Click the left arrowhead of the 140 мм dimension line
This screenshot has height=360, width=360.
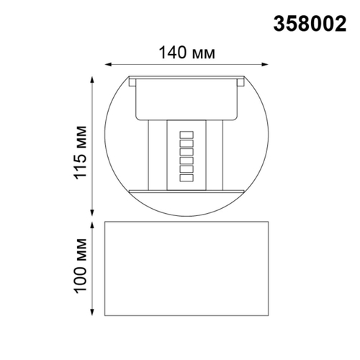108,63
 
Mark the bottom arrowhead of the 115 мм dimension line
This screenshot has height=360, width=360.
91,212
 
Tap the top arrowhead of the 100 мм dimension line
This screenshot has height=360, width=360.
91,224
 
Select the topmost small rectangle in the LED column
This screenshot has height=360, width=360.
187,134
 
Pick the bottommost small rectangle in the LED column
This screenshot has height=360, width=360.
187,177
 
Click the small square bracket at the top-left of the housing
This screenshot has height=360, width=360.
132,82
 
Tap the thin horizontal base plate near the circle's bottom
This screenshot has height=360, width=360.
187,192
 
